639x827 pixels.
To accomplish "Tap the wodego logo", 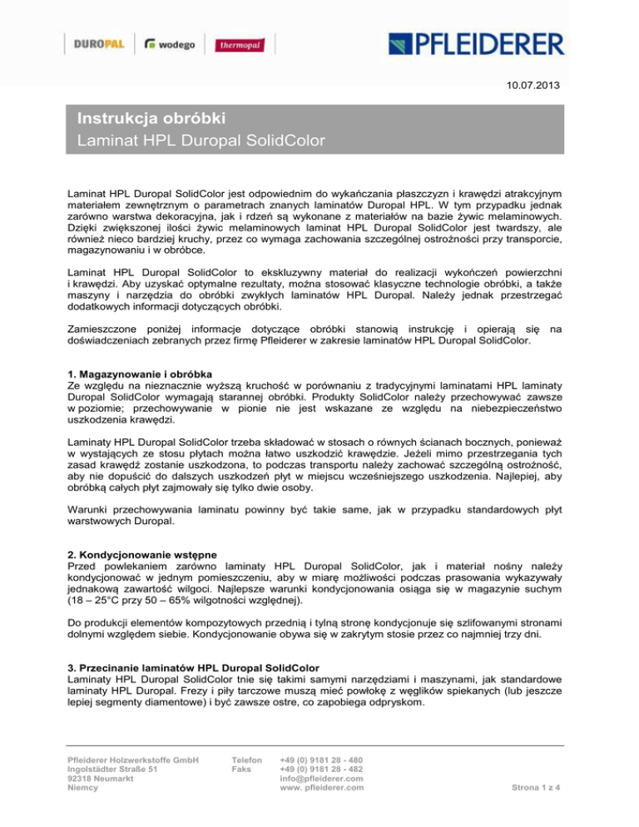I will pos(170,44).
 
